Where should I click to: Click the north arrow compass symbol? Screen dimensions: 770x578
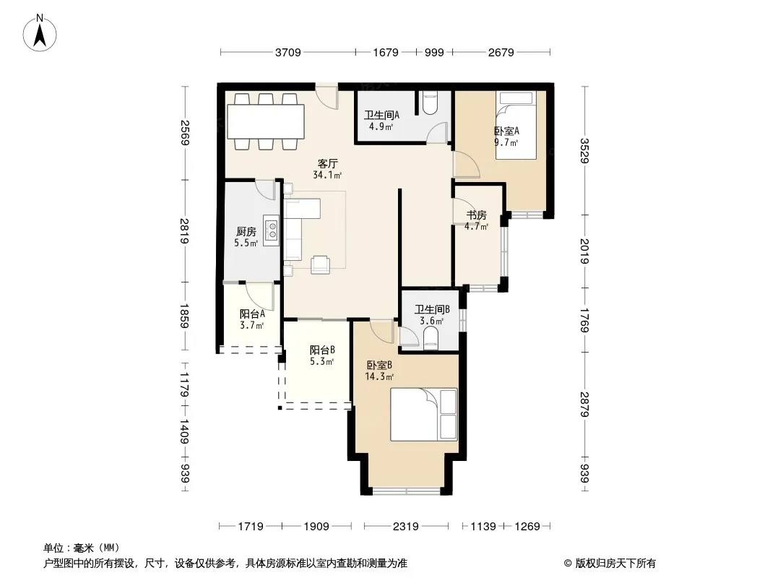coord(40,33)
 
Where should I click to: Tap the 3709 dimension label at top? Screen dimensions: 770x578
coord(287,52)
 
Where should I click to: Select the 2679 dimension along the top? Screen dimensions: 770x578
coord(501,52)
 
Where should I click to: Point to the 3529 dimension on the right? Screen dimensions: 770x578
coord(584,151)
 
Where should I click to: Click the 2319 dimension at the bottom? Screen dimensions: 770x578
coord(406,527)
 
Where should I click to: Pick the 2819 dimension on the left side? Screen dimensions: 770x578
coord(184,230)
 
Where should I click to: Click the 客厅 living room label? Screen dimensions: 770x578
coord(327,163)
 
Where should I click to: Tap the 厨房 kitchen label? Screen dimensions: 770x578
coord(246,231)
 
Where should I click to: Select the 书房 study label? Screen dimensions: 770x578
coord(476,215)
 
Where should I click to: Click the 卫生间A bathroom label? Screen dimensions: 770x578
coord(381,115)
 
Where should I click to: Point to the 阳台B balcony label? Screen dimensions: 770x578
coord(322,350)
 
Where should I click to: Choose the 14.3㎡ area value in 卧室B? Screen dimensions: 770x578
coord(379,376)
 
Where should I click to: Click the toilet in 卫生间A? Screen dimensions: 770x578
coord(429,103)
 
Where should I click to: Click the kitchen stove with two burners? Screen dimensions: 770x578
coord(271,230)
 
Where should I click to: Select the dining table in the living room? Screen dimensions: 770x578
coord(266,121)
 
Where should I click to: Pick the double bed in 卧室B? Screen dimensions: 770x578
coord(424,415)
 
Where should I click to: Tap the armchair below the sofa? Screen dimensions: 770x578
coord(320,264)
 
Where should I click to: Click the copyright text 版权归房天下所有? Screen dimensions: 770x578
coord(615,564)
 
